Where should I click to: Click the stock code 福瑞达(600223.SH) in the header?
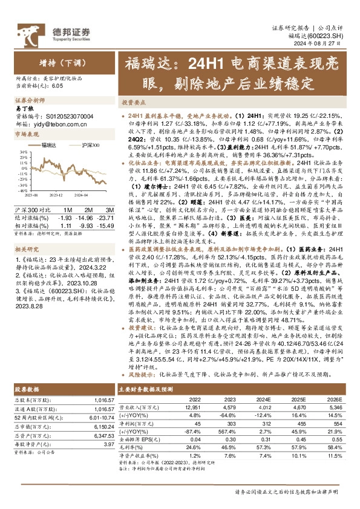pos(324,36)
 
